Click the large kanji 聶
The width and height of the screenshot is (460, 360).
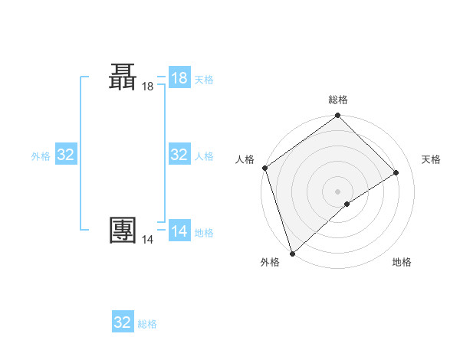(x=123, y=78)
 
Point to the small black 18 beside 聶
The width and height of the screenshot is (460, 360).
(x=147, y=87)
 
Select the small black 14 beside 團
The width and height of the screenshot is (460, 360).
(x=147, y=240)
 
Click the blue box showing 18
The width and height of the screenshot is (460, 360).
(x=179, y=78)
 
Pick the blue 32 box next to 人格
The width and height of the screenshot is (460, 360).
(x=179, y=155)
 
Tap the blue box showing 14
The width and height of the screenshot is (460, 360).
(x=179, y=231)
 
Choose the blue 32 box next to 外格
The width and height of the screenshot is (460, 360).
(x=66, y=155)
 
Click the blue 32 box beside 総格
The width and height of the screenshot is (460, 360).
(x=123, y=322)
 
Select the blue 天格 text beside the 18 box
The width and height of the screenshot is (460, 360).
(x=204, y=80)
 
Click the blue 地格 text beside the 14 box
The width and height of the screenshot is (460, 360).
(x=204, y=233)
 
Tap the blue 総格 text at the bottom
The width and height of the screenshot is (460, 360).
(x=147, y=324)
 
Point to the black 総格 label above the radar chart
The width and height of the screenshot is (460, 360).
(x=338, y=100)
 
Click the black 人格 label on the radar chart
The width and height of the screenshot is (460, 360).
(x=245, y=159)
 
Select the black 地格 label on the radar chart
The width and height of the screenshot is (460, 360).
(x=402, y=262)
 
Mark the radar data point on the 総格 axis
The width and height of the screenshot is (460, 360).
(x=337, y=116)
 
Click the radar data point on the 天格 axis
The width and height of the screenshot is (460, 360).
(x=396, y=172)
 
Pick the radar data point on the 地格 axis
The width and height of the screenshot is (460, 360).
(x=347, y=204)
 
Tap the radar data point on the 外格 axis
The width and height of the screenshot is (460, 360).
(x=292, y=253)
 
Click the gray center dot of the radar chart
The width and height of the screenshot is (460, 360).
(x=337, y=191)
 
